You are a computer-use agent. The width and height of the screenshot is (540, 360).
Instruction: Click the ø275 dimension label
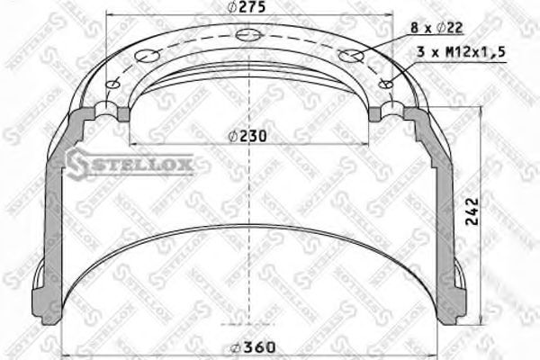247,7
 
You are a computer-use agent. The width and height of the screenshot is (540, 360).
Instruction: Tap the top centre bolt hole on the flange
248,37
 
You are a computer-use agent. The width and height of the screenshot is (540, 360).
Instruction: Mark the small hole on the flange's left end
112,85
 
